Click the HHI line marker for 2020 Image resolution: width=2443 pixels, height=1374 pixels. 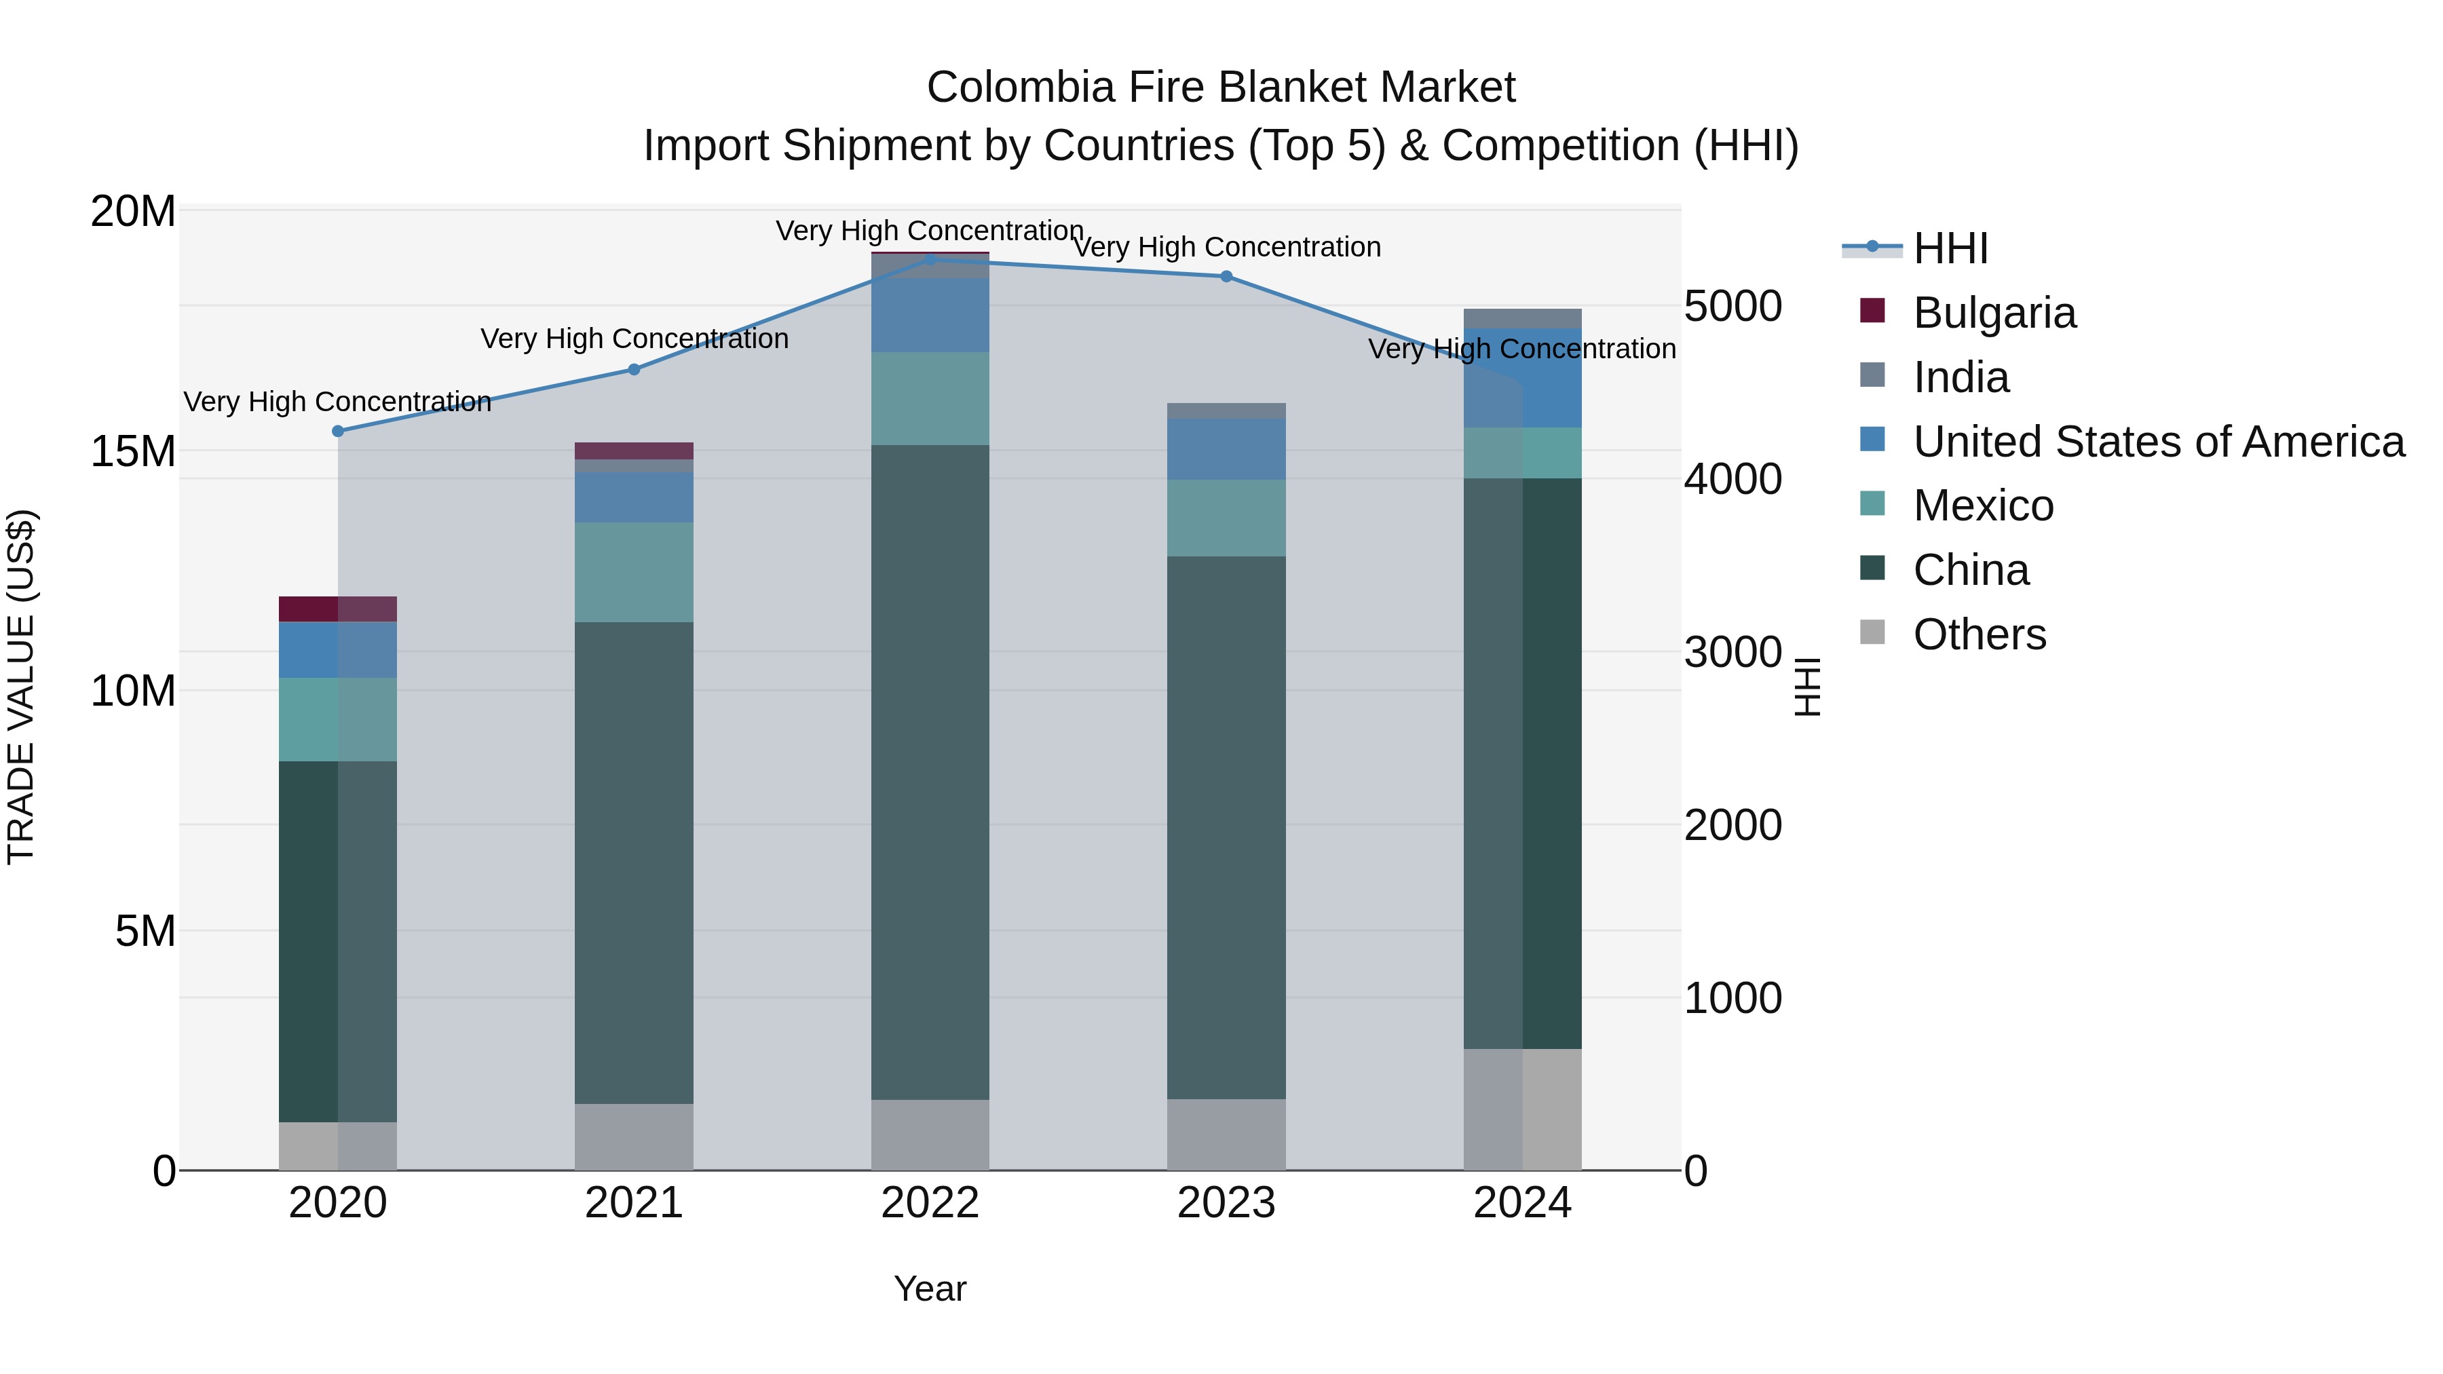(338, 432)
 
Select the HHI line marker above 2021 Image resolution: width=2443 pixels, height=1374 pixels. (635, 370)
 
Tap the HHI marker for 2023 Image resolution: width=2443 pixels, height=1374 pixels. (1226, 277)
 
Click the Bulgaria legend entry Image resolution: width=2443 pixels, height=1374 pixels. (1994, 313)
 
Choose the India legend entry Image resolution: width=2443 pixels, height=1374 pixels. (1961, 377)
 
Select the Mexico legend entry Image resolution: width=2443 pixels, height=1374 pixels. (1983, 505)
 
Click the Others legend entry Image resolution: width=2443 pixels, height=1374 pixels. (1980, 634)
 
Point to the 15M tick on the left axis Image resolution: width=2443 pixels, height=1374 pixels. (133, 451)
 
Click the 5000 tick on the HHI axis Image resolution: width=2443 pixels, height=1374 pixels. (1732, 307)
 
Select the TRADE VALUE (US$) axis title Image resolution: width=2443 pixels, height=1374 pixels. (21, 687)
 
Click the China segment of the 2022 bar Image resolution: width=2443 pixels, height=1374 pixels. (930, 773)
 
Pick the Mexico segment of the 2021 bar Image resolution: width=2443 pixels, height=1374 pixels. (634, 573)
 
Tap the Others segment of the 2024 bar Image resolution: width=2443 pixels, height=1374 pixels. (1522, 1109)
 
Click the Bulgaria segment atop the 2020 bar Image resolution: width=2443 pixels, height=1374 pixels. (338, 609)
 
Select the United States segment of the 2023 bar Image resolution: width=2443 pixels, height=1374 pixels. (1226, 449)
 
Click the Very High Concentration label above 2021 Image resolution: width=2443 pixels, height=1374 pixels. (635, 339)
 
